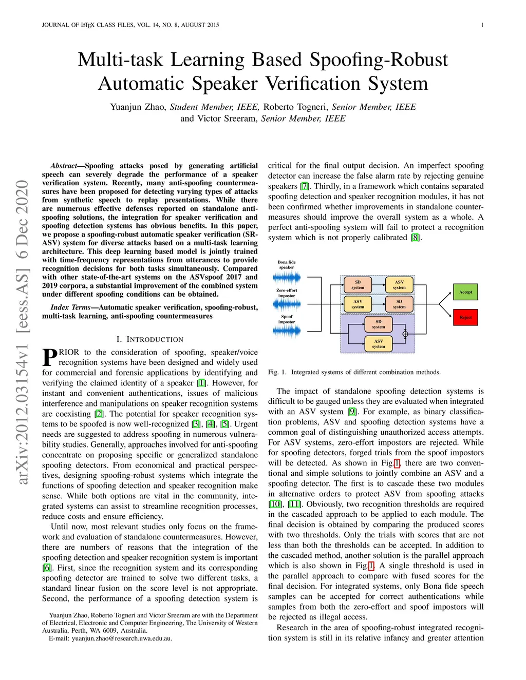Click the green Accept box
point(465,292)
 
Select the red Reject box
point(465,317)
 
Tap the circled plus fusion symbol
point(405,334)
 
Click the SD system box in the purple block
point(379,324)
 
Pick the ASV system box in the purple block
point(379,344)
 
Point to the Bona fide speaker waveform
point(287,277)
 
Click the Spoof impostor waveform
point(287,331)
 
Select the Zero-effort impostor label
point(287,293)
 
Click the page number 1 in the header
point(482,25)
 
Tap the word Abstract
point(64,166)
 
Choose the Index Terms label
point(70,307)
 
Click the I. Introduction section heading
point(150,339)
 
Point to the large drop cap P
point(50,357)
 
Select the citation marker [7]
point(304,186)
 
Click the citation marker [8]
point(415,238)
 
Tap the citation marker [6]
point(47,568)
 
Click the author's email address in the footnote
point(122,638)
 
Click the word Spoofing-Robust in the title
point(379,60)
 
